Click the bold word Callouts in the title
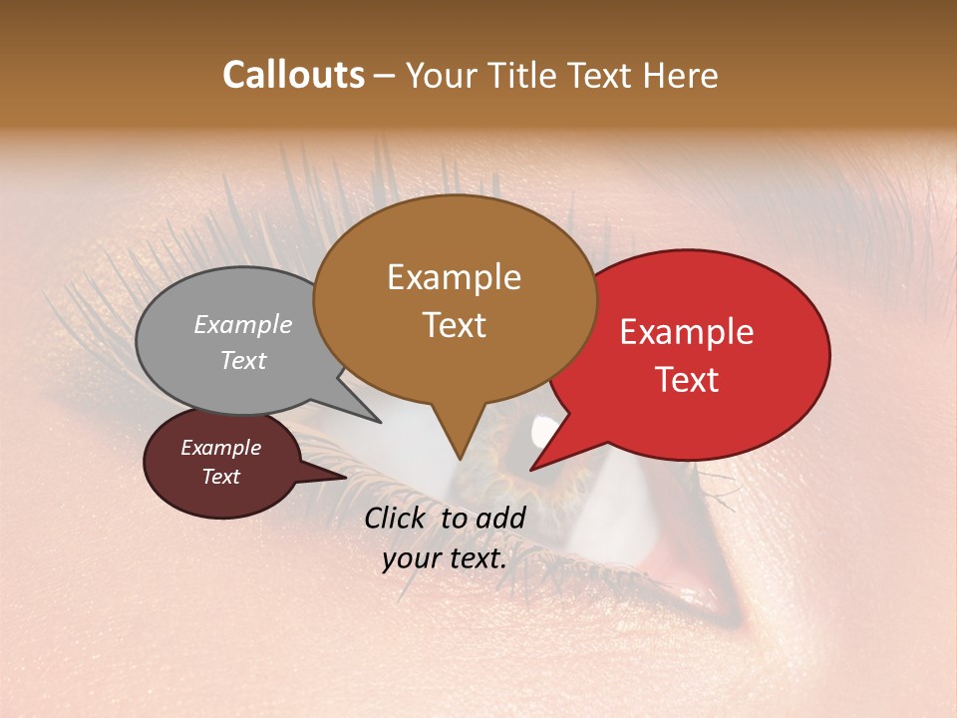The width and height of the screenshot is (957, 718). tap(293, 75)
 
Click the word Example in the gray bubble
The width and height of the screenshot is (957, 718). tap(243, 324)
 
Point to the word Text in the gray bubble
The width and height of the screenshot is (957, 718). tap(243, 360)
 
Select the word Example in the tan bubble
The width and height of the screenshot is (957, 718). tap(454, 277)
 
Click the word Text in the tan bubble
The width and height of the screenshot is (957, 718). tap(454, 324)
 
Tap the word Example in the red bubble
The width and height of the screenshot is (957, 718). tap(687, 332)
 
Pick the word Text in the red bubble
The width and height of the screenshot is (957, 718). tap(687, 379)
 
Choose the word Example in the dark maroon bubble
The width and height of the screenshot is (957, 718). tap(220, 448)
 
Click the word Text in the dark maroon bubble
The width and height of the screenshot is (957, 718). tap(220, 477)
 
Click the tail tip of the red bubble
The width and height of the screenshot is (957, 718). tap(531, 469)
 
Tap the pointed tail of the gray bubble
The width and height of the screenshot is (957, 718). tap(378, 421)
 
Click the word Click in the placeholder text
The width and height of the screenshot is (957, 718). tap(398, 518)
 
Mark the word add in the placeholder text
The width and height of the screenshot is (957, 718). tap(501, 518)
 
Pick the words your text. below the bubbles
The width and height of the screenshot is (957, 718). tap(445, 558)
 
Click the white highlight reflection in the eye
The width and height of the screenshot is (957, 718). tap(544, 431)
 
